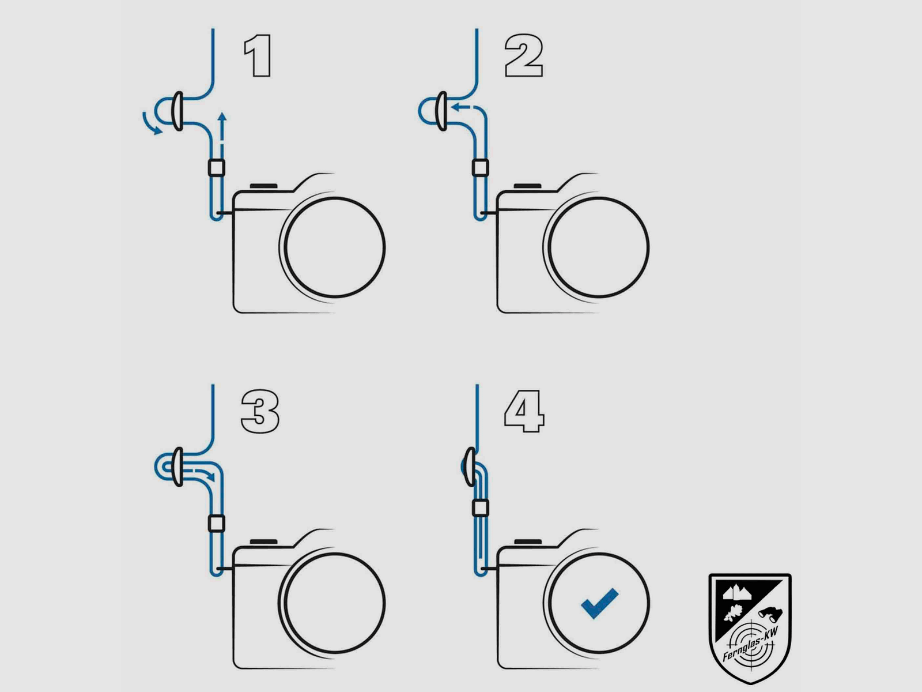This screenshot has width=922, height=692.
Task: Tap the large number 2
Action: (523, 55)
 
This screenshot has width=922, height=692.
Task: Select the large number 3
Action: (260, 411)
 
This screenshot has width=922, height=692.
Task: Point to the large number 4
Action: (524, 411)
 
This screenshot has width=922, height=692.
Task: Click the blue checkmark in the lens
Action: (599, 603)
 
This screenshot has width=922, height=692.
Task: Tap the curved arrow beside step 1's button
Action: (151, 124)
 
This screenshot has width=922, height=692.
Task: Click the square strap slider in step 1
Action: (217, 168)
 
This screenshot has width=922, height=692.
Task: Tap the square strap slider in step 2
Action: (481, 168)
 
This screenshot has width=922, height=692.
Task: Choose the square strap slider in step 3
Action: (217, 524)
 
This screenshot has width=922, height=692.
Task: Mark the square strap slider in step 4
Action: (481, 508)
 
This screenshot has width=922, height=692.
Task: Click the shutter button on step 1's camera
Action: (264, 186)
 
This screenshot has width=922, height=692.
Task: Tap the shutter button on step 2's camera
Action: (528, 186)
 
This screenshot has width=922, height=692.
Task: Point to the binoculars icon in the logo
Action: (770, 614)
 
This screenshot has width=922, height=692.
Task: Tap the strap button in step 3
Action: (177, 467)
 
